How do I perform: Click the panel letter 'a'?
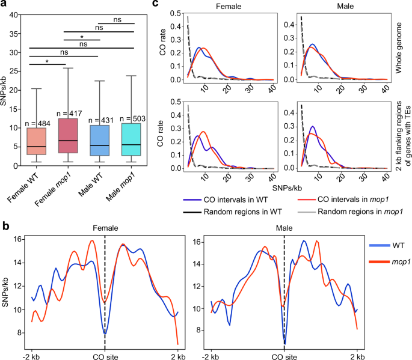coord(4,5)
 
